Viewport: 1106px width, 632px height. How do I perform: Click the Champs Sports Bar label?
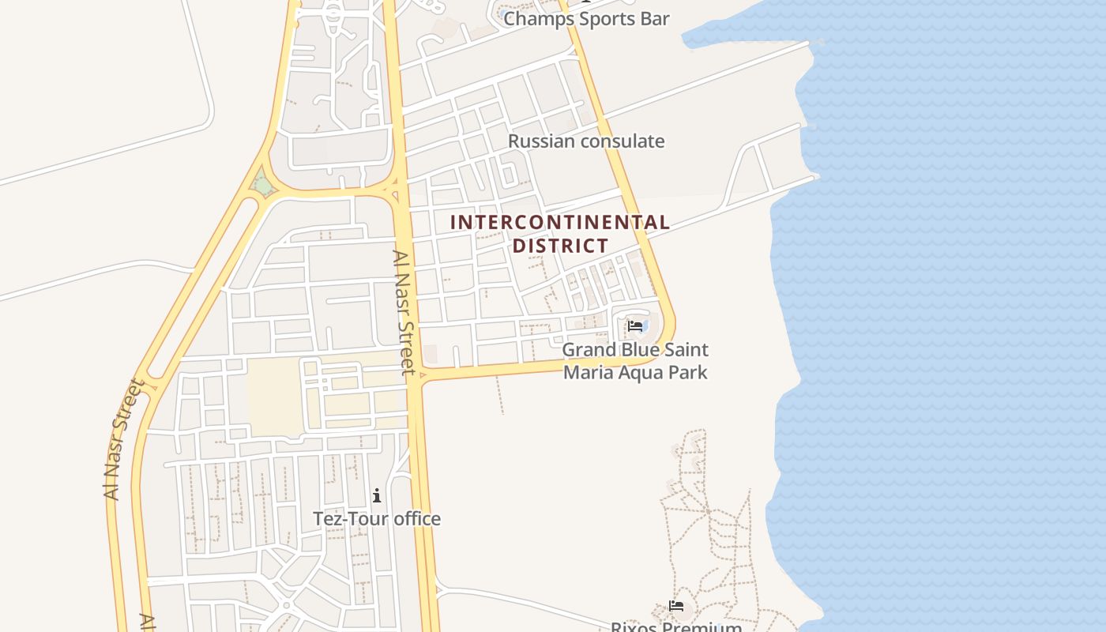tap(586, 19)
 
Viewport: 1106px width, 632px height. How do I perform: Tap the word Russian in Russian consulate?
tap(543, 141)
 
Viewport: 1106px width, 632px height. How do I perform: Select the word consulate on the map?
tap(623, 141)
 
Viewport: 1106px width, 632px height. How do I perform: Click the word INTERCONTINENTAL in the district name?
tap(559, 223)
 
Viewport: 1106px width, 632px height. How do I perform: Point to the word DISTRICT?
tap(560, 246)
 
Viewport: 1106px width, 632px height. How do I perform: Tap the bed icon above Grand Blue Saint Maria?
tap(635, 325)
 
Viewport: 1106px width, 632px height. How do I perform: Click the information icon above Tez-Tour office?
tap(377, 496)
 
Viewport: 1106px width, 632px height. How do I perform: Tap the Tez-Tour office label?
tap(377, 519)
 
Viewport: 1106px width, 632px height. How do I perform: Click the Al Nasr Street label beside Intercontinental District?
tap(404, 312)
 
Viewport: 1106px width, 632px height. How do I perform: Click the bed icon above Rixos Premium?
tap(676, 607)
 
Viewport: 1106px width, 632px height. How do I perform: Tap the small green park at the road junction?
tap(262, 186)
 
